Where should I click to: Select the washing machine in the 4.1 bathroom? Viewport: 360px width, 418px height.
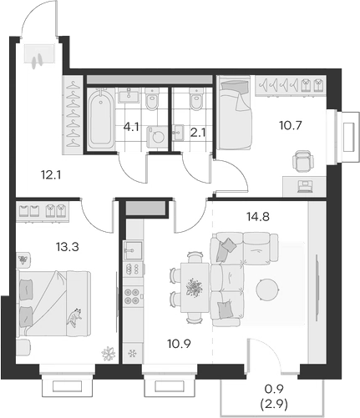155,138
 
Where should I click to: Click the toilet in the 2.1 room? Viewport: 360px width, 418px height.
197,102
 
